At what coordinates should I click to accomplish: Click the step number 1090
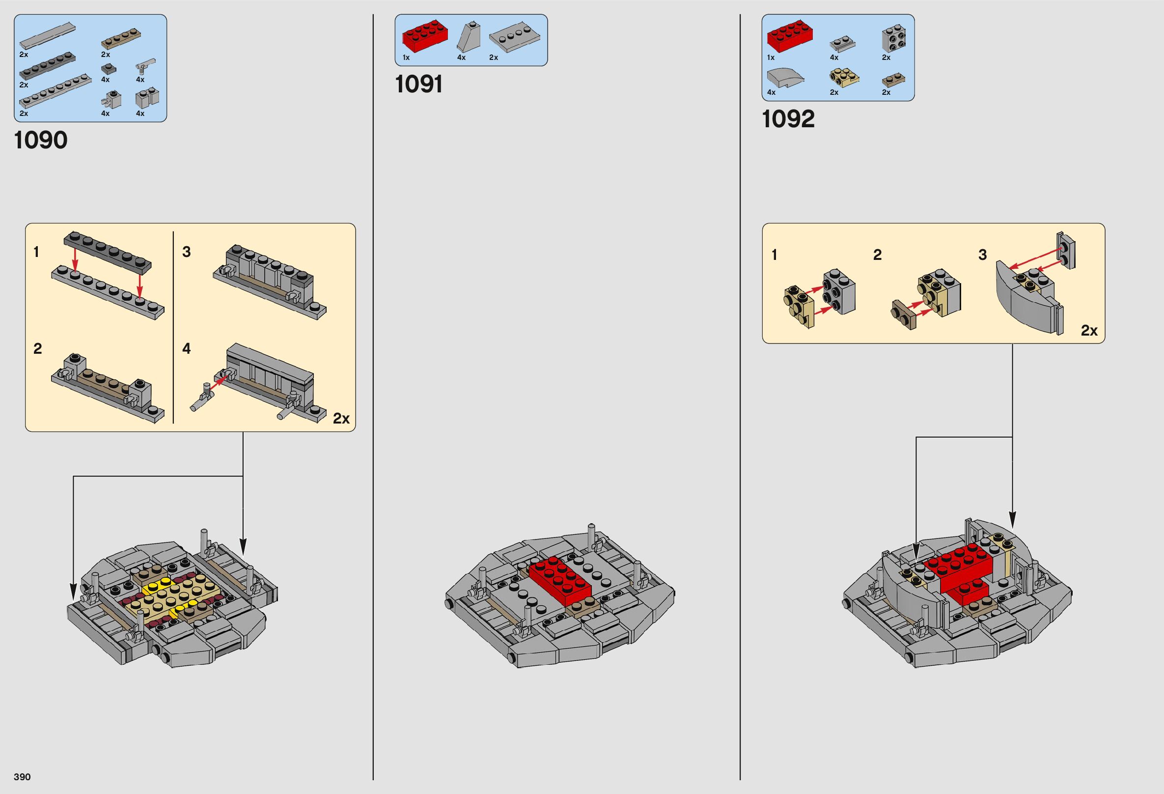coord(41,140)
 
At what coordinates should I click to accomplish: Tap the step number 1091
coord(419,84)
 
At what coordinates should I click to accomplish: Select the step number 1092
coord(788,119)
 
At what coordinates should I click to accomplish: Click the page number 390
coord(23,776)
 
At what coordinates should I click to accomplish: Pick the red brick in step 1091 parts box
coord(425,37)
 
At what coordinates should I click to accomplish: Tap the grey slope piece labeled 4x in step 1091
coord(469,37)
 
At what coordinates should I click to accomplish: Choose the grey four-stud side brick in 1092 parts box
coord(893,37)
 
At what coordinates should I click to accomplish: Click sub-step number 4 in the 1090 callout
coord(187,348)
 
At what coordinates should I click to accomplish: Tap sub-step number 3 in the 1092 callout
coord(982,255)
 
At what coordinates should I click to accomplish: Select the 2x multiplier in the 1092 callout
coord(1089,330)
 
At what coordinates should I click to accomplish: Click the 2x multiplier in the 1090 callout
coord(341,418)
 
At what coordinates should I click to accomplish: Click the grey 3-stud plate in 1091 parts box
coord(514,38)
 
